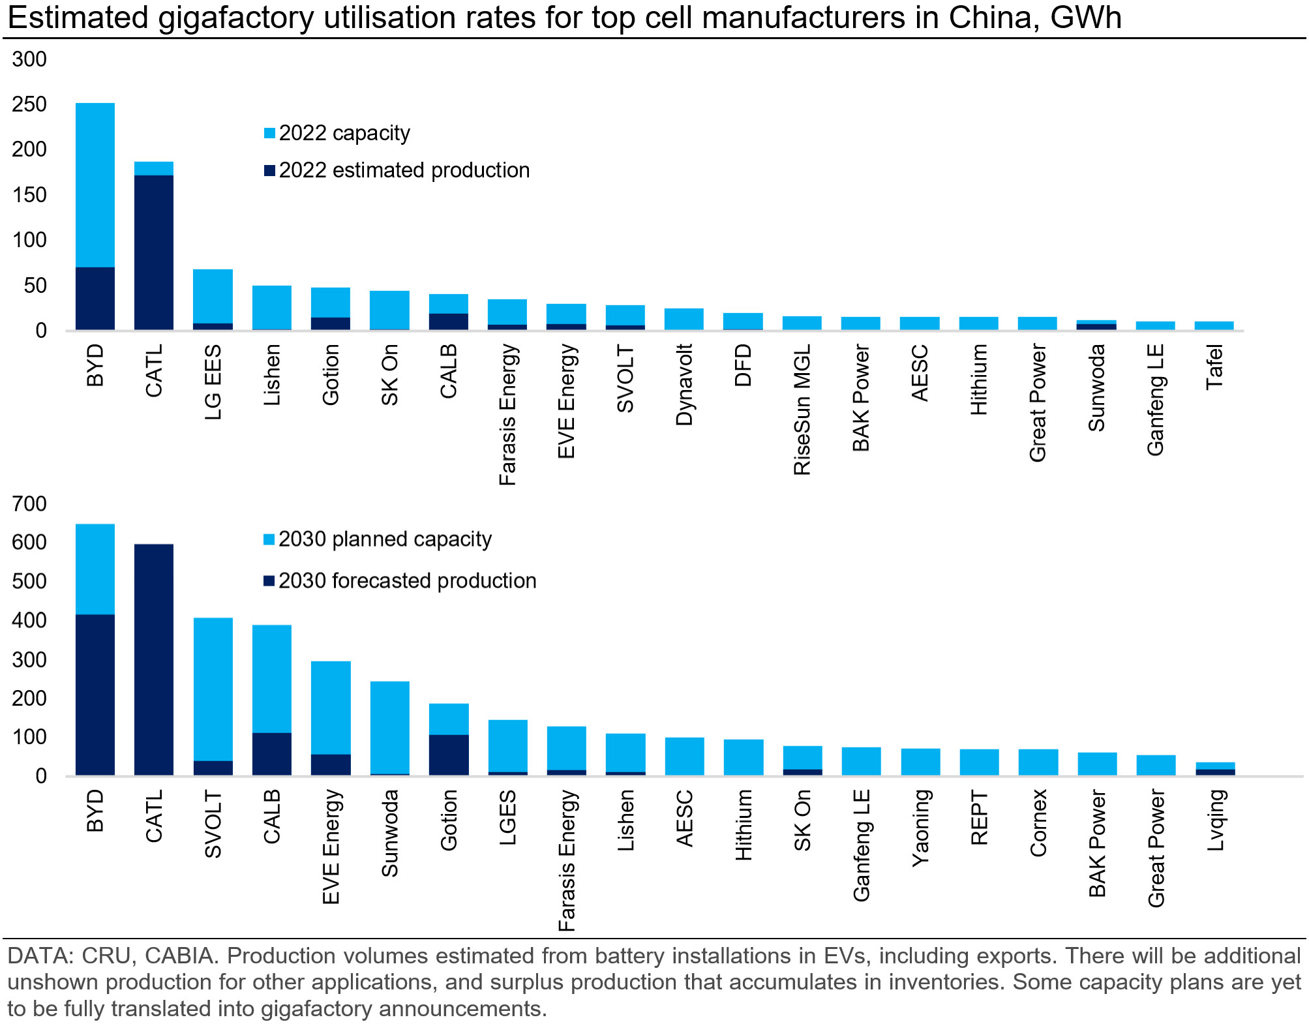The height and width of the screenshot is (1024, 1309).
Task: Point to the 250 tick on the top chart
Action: pyautogui.click(x=29, y=104)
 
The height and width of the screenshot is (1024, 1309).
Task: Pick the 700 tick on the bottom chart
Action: pyautogui.click(x=29, y=504)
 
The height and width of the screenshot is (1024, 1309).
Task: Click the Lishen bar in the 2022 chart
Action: pyautogui.click(x=272, y=307)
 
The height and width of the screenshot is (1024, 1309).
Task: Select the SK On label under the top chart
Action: pyautogui.click(x=389, y=376)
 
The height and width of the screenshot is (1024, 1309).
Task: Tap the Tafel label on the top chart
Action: pyautogui.click(x=1214, y=367)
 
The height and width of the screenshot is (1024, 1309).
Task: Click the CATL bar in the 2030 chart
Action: pyautogui.click(x=154, y=659)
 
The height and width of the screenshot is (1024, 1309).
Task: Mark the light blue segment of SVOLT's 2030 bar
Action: pyautogui.click(x=213, y=688)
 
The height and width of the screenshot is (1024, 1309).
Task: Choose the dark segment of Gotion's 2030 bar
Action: pyautogui.click(x=449, y=755)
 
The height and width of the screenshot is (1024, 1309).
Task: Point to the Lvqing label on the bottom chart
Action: pyautogui.click(x=1215, y=820)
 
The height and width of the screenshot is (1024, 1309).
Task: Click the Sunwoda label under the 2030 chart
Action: pyautogui.click(x=389, y=833)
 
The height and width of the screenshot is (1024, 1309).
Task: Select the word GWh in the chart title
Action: pyautogui.click(x=1085, y=18)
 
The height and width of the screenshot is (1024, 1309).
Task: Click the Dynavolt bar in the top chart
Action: pyautogui.click(x=684, y=319)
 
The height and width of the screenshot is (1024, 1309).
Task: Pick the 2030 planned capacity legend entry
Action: pyautogui.click(x=384, y=539)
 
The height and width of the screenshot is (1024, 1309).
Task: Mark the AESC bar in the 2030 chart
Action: pyautogui.click(x=684, y=756)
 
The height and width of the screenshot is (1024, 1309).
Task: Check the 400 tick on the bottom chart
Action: pyautogui.click(x=29, y=620)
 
